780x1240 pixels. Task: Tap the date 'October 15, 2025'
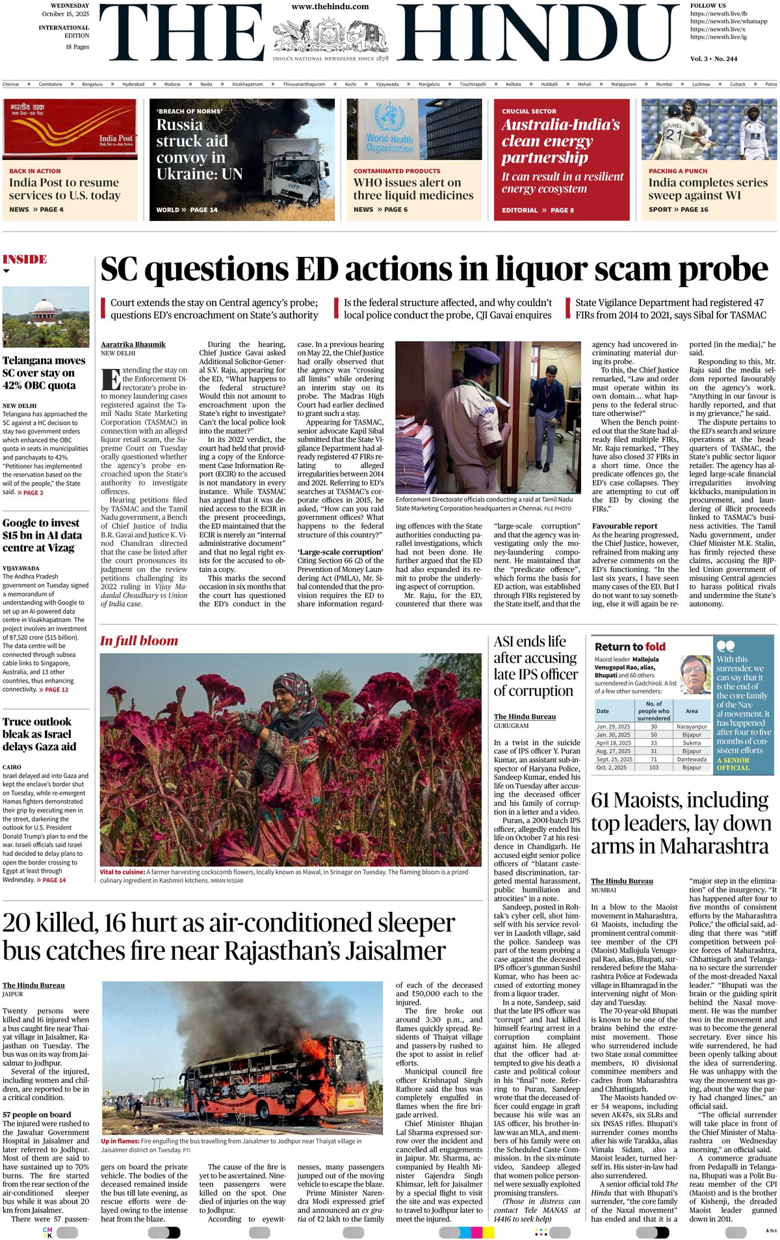tap(66, 14)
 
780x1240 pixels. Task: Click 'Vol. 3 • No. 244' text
tap(714, 58)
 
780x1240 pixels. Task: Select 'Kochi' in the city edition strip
tap(350, 84)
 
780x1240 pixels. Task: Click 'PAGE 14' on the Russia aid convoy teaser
tap(203, 210)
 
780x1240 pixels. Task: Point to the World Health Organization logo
tap(389, 129)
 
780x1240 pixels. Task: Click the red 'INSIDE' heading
tap(25, 259)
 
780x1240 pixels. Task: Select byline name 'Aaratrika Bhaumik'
tap(133, 344)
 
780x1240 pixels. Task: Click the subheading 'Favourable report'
tap(625, 526)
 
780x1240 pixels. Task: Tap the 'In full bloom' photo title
tap(139, 641)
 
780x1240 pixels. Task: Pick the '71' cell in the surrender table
tap(653, 759)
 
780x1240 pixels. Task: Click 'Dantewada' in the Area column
tap(692, 759)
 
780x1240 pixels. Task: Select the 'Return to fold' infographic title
tap(630, 647)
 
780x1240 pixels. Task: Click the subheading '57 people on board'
tap(37, 1115)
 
